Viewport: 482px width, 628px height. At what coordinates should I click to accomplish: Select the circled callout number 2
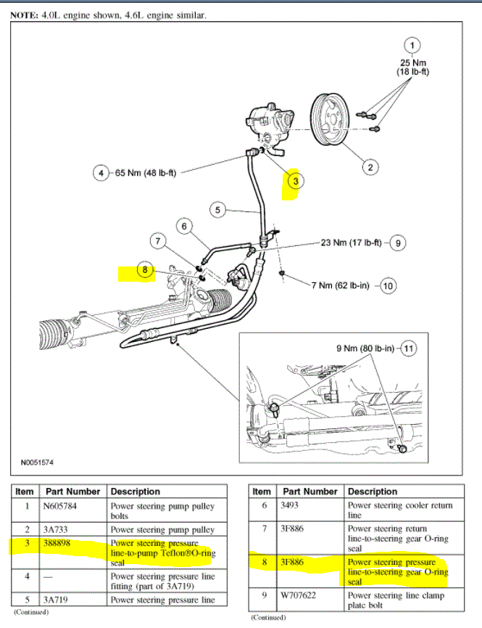(x=369, y=167)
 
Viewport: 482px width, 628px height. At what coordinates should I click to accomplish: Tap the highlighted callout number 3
(x=294, y=180)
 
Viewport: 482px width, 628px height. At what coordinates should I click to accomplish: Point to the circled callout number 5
(x=218, y=211)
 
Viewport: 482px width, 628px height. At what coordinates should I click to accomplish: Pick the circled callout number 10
(x=388, y=286)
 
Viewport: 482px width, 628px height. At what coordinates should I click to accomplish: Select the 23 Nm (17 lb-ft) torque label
(x=351, y=242)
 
